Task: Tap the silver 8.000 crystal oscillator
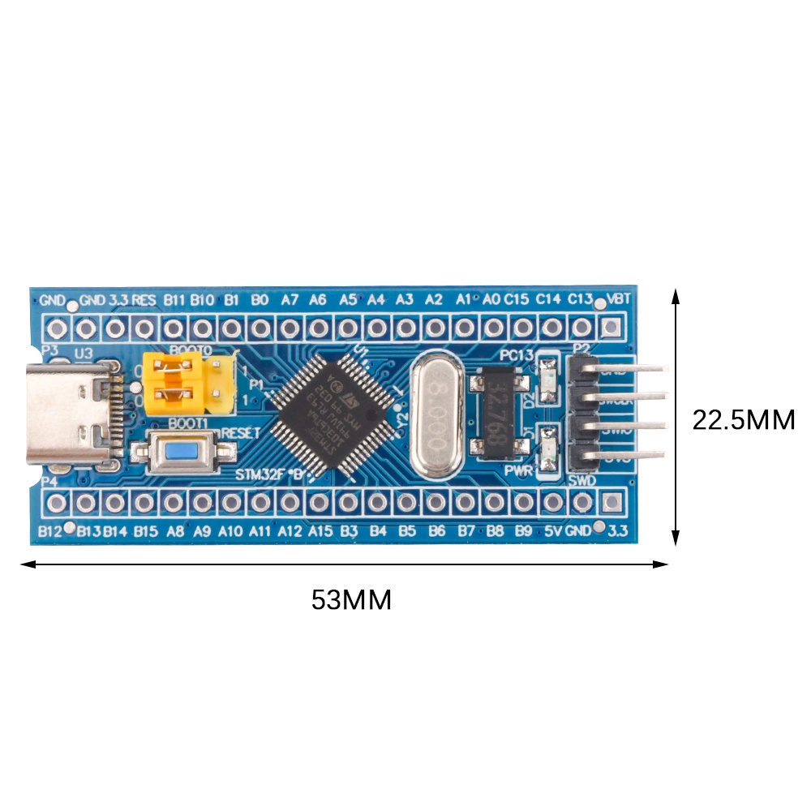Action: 438,416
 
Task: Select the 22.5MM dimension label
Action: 743,419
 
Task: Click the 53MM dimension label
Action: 351,600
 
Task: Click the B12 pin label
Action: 50,532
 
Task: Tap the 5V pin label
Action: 553,532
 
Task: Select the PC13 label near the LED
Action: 517,355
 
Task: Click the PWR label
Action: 519,470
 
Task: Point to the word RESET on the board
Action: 240,434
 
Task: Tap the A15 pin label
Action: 320,532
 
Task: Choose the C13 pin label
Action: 580,299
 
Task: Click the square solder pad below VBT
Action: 611,328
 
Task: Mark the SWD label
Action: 583,481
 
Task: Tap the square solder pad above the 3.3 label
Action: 611,502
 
